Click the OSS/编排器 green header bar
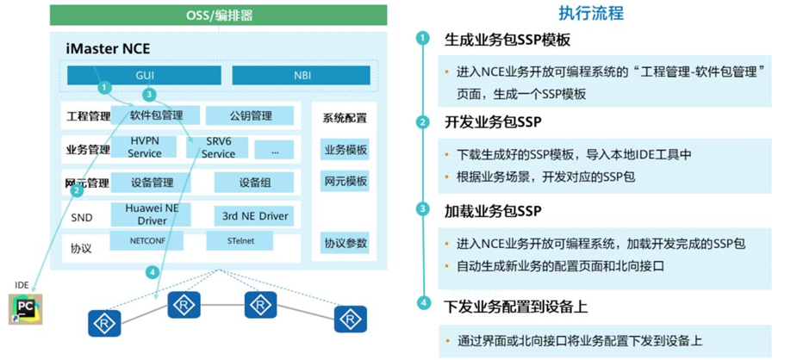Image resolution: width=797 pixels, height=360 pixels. [x=219, y=16]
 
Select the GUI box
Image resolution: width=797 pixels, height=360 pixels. [x=145, y=76]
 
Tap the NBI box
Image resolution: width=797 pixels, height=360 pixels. [x=301, y=76]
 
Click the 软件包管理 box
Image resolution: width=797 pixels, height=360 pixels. [x=156, y=115]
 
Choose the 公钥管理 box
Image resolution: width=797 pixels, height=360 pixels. [x=251, y=115]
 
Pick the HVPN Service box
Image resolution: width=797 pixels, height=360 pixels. [x=144, y=147]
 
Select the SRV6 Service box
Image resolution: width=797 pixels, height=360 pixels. [x=218, y=147]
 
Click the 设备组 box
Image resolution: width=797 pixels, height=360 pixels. [x=253, y=183]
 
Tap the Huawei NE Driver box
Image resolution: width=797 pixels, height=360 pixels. [x=151, y=214]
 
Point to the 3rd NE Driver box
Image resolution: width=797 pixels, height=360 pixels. [x=252, y=214]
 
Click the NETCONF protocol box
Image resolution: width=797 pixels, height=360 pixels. [x=146, y=242]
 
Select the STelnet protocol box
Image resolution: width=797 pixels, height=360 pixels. [x=241, y=242]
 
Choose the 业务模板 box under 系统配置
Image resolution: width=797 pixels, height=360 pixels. [x=345, y=150]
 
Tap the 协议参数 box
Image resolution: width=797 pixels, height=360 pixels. [x=345, y=243]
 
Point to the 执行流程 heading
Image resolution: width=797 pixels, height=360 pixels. [x=590, y=13]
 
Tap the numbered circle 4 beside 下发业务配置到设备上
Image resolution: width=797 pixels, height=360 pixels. [x=422, y=303]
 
